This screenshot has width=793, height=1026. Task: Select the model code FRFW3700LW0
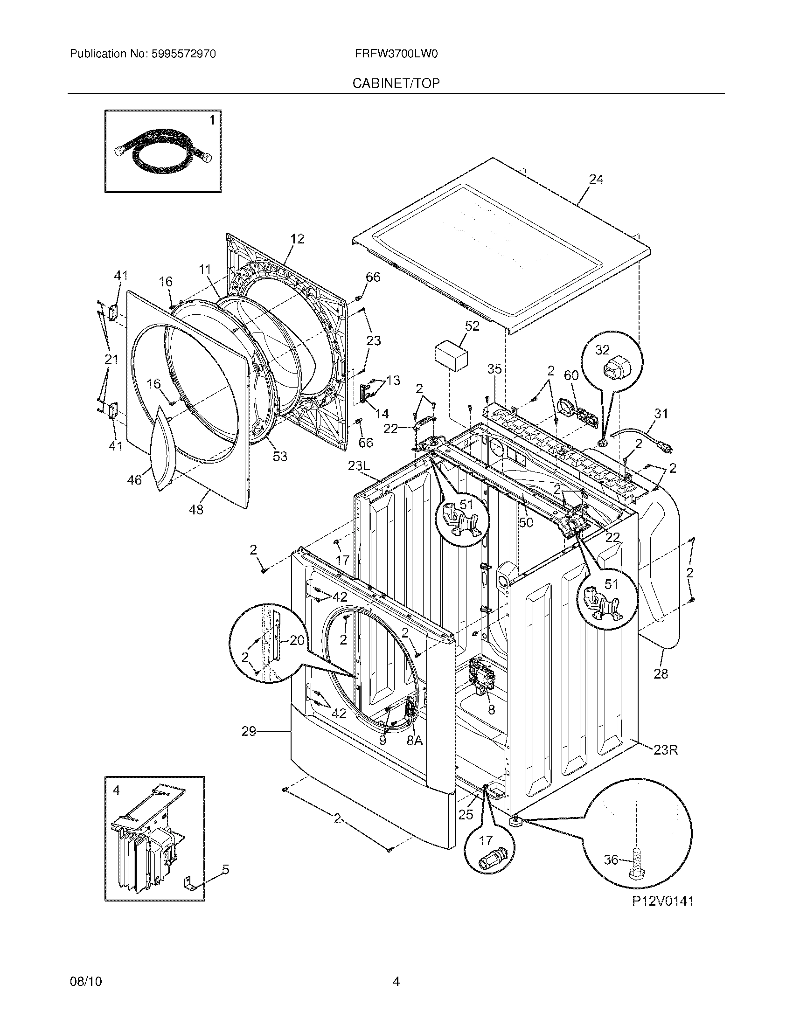tap(396, 54)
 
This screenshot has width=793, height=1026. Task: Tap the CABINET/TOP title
tap(396, 83)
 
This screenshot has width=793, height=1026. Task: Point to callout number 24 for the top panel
tap(596, 180)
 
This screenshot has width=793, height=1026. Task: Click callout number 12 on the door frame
tap(297, 239)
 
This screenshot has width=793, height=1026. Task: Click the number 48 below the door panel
tap(196, 510)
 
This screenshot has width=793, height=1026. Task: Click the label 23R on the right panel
tap(666, 750)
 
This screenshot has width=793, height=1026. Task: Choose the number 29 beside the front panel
tap(249, 731)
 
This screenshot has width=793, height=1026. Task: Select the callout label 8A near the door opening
tap(414, 741)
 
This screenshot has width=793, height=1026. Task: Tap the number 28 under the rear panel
tap(661, 674)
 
